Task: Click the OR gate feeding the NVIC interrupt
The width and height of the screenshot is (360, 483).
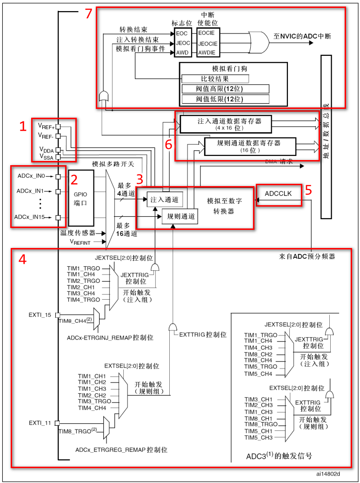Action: pos(258,42)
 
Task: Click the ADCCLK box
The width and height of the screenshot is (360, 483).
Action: pos(278,193)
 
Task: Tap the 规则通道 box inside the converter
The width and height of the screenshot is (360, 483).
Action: pos(179,216)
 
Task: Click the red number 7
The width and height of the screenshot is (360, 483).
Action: pos(89,14)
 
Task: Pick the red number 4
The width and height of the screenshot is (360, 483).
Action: pos(22,259)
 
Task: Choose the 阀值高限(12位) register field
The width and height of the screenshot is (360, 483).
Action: pos(225,89)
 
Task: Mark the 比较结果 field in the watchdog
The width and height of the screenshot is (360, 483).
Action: pos(214,79)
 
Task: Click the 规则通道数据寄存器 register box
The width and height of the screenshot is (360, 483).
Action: pos(250,146)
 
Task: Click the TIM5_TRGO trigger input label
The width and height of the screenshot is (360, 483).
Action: pos(261,367)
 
